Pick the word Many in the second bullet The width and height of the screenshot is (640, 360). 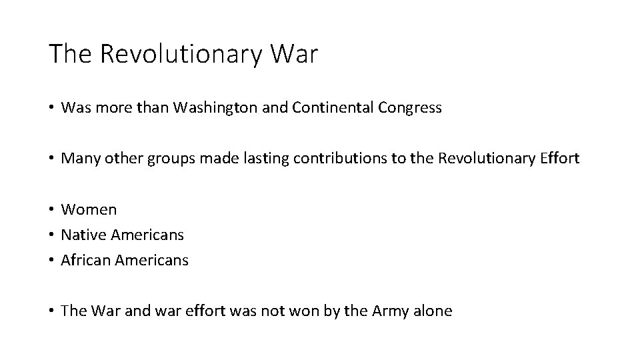(x=77, y=159)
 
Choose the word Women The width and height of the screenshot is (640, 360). (x=89, y=209)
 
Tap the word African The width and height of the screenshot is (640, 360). (x=85, y=260)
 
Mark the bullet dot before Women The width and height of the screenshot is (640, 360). (x=51, y=210)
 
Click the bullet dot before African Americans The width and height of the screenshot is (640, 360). (x=51, y=261)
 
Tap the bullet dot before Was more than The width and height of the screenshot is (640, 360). (x=51, y=109)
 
